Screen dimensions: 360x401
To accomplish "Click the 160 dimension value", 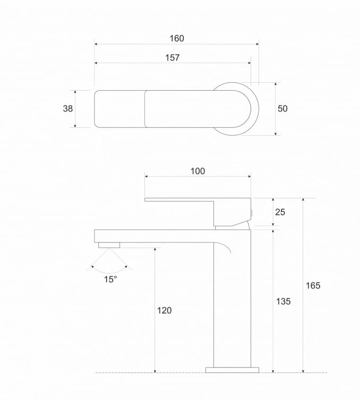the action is click(177, 38).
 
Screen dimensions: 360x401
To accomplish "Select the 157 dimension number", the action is click(173, 57).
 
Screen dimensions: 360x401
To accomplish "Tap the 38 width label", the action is click(68, 108).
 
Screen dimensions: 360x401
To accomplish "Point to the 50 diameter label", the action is click(282, 108).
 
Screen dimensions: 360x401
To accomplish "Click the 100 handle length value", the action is click(198, 171).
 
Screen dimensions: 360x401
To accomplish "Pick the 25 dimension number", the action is click(280, 212).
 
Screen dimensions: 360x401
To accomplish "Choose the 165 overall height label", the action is click(313, 285).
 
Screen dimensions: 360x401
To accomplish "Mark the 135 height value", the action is click(283, 301).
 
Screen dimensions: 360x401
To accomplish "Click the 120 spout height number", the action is click(164, 310).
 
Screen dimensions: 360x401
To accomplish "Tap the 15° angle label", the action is click(110, 279).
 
